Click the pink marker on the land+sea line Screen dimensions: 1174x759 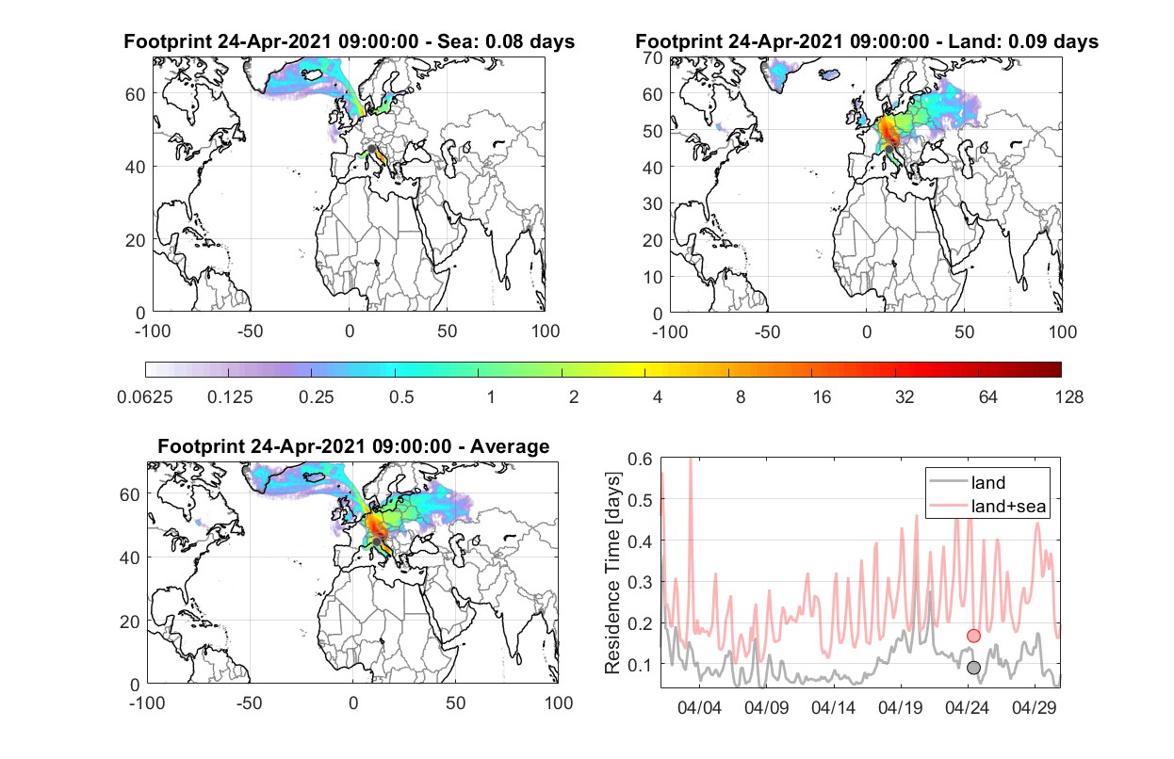click(973, 636)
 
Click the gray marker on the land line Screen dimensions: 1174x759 click(973, 668)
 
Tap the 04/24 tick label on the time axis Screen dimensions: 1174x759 click(967, 707)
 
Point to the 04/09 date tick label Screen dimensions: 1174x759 click(766, 707)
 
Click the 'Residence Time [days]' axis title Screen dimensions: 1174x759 click(612, 573)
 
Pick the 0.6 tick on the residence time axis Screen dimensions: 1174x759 click(640, 460)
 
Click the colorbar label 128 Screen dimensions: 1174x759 click(1068, 397)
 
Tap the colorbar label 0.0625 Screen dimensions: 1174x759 click(145, 397)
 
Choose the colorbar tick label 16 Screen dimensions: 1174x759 click(822, 397)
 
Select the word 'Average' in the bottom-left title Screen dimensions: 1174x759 click(510, 446)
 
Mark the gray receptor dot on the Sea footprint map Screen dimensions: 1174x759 click(371, 149)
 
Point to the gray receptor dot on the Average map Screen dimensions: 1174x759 click(377, 541)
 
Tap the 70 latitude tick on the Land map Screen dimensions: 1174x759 click(653, 57)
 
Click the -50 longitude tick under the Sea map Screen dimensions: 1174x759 click(250, 331)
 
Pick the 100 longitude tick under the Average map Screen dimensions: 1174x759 click(558, 702)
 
